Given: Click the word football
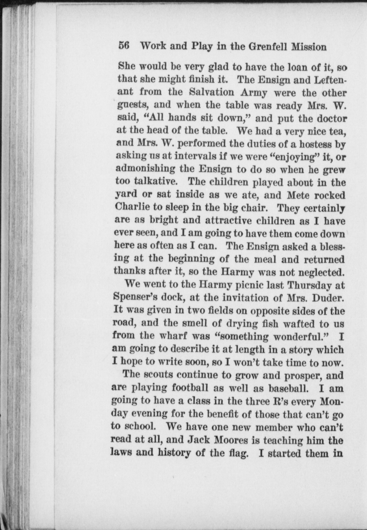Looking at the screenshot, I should click(190, 387).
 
